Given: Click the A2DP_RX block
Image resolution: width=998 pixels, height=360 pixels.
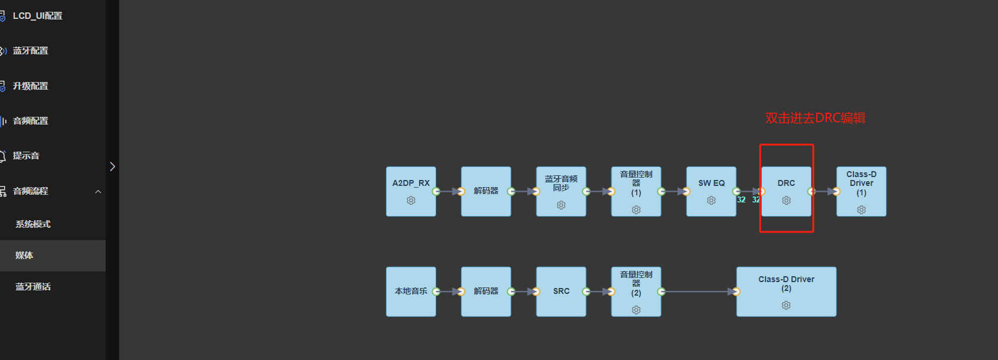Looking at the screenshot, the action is click(411, 192).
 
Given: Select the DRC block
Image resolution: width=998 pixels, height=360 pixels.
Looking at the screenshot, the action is click(786, 192).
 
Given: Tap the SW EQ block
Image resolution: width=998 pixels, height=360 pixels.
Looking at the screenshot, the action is click(711, 192).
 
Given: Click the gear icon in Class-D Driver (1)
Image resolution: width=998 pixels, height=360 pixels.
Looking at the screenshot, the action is click(861, 210).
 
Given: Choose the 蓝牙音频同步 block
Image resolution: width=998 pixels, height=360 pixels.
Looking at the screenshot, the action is click(561, 192).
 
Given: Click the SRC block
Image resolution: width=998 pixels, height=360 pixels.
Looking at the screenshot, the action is click(561, 292).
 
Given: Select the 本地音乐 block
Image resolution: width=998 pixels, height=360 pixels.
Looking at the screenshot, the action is click(411, 292).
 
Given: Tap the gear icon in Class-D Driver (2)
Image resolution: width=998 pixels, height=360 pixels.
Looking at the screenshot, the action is click(786, 305).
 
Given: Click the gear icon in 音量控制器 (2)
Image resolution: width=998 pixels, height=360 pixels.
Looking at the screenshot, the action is click(636, 310).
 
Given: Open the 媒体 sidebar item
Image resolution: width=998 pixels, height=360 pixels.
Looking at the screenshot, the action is click(24, 256).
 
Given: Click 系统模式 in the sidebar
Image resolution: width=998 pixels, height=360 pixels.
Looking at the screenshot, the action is click(33, 224).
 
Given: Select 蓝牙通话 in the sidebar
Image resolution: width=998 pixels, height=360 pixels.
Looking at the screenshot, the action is click(33, 286).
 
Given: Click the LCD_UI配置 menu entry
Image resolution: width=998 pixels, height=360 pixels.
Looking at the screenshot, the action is click(37, 15).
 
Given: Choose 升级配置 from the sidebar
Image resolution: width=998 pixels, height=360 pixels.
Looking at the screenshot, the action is click(30, 86).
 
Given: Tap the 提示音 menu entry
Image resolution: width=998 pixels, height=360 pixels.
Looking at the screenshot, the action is click(26, 155).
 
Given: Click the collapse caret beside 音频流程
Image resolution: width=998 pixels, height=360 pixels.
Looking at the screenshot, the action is click(98, 192).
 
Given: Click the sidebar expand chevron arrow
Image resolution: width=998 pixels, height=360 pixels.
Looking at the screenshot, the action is click(112, 166).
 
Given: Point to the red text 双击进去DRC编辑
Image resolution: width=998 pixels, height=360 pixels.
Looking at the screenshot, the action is click(815, 118).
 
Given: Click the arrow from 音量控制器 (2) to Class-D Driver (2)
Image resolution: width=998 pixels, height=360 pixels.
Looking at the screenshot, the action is click(699, 292).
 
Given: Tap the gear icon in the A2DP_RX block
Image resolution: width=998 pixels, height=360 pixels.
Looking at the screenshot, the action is click(411, 201).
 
